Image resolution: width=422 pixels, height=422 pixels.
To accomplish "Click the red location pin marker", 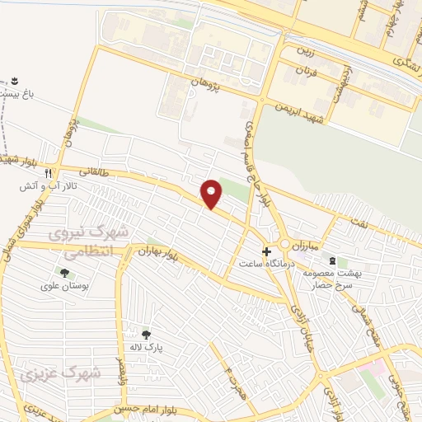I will (x=212, y=194).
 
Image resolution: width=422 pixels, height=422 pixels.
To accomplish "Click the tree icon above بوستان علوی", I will (x=63, y=273).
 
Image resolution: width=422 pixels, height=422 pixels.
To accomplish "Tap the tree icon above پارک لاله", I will (x=147, y=334).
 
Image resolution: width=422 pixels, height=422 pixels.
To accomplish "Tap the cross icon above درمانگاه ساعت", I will (x=265, y=251).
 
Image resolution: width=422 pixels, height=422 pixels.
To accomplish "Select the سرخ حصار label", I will (x=319, y=284).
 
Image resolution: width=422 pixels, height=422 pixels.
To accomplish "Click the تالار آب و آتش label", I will (x=49, y=187).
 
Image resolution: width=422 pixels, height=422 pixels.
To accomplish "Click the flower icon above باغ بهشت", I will (x=14, y=81).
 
